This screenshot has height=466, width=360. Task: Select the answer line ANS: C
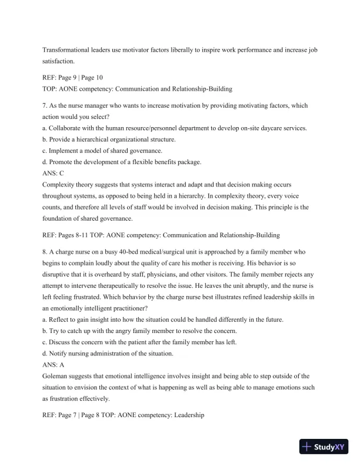pos(56,172)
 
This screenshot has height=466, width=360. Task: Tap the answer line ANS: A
pos(56,364)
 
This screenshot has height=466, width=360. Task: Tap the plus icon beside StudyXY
pos(306,447)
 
